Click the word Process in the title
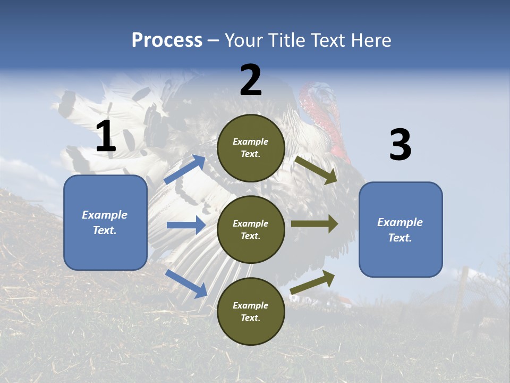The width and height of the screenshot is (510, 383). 167,40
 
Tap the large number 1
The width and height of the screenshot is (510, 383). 105,137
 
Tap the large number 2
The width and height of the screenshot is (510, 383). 251,80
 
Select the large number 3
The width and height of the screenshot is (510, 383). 400,145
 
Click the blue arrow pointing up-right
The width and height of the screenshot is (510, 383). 185,169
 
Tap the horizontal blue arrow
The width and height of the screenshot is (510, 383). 186,225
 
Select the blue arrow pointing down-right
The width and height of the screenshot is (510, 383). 186,283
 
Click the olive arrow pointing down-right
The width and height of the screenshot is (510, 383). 316,170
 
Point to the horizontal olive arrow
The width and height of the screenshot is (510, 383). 314,224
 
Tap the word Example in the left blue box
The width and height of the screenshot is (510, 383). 105,215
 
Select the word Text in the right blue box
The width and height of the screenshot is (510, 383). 399,238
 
